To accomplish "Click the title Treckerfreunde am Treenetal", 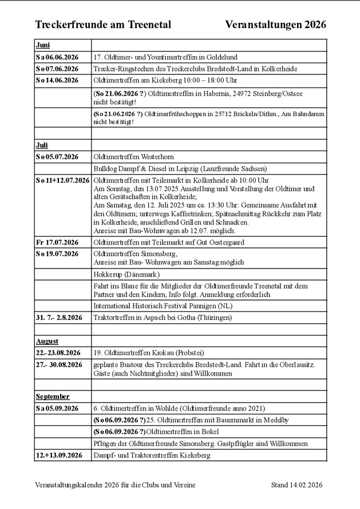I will [x=103, y=25].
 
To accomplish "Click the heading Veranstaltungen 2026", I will [x=276, y=25].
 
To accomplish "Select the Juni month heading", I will [x=42, y=45].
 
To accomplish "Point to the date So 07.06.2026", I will [x=57, y=69].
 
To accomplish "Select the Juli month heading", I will [x=42, y=145].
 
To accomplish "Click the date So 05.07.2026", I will [x=57, y=157].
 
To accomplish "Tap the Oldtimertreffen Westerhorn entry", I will [x=133, y=157].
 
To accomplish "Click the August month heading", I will [x=47, y=341].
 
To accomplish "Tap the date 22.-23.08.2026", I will [x=58, y=353].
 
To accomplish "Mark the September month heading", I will [x=52, y=396].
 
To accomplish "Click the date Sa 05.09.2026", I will [x=57, y=408].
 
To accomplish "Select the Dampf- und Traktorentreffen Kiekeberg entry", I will [x=151, y=455].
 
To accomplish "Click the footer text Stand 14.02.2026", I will [x=297, y=485].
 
